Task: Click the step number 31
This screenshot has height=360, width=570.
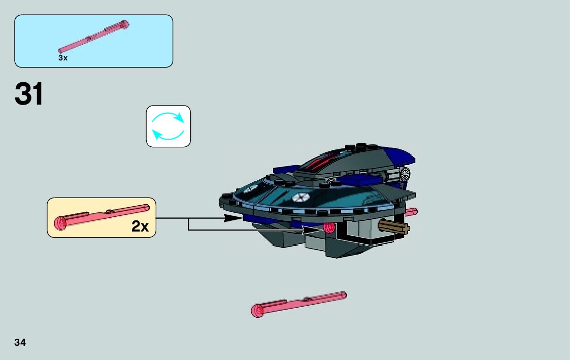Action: coord(29,94)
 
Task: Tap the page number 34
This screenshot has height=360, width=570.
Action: coord(20,342)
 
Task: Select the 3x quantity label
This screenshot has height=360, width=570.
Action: coord(63,58)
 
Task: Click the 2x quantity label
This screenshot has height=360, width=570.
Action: coord(140,226)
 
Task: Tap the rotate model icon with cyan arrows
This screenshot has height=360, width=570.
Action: coord(169,126)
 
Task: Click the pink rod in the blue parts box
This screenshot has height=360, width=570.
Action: coord(94,37)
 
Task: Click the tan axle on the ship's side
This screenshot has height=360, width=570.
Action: coord(394,228)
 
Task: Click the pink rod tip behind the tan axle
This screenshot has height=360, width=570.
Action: coord(412,211)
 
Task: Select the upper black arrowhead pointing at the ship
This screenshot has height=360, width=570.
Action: coord(233,218)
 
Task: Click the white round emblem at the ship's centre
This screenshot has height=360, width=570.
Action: coord(301,199)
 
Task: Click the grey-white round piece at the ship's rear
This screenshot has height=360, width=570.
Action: coord(406,175)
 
